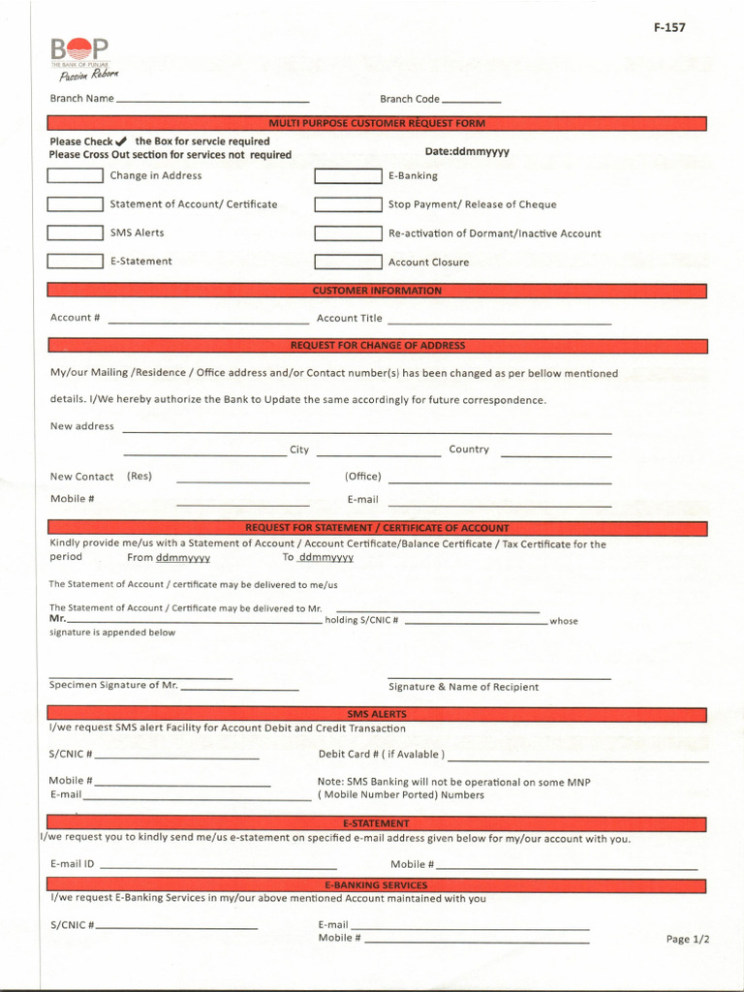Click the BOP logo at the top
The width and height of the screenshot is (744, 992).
click(80, 57)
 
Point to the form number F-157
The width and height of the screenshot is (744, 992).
click(668, 27)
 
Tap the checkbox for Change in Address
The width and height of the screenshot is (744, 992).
click(75, 175)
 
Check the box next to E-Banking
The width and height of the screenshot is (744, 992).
click(348, 176)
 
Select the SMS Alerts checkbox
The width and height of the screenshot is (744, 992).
click(75, 232)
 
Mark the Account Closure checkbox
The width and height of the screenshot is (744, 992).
click(348, 262)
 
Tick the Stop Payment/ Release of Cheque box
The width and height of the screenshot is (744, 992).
click(348, 204)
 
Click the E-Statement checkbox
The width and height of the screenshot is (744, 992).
click(75, 261)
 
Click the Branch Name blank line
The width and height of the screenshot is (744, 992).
click(212, 100)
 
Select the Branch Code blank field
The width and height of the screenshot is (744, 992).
click(471, 100)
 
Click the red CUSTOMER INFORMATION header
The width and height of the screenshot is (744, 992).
click(377, 291)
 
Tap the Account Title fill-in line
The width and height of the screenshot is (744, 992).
click(499, 320)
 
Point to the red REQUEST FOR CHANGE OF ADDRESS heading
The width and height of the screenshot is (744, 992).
click(377, 346)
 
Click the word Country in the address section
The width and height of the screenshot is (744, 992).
click(469, 449)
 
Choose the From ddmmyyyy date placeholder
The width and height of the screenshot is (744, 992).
click(182, 558)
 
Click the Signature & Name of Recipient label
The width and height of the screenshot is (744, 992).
click(463, 687)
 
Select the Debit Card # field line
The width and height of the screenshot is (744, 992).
click(577, 759)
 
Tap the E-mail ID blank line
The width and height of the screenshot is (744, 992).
click(218, 866)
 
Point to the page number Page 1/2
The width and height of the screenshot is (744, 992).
click(688, 939)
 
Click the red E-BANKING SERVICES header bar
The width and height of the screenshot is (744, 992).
click(377, 885)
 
